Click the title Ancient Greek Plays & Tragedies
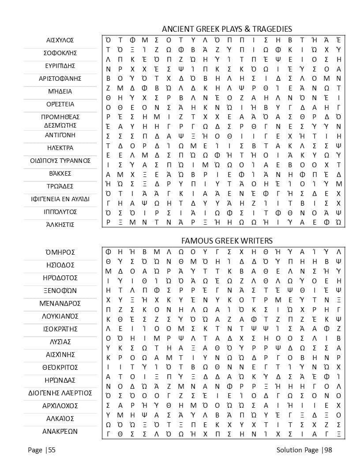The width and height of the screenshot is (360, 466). tap(227, 29)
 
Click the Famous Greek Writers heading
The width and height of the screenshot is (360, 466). tap(227, 241)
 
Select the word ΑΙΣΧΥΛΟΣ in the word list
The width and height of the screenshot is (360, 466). tap(60, 40)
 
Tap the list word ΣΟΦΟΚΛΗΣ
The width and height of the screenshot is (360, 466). tap(60, 53)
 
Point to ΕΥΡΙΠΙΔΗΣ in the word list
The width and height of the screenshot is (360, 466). tap(60, 66)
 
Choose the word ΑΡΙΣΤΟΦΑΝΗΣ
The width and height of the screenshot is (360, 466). tap(60, 79)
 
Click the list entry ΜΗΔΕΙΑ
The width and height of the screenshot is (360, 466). tap(60, 91)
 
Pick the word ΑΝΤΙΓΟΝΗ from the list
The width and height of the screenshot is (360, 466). tap(60, 135)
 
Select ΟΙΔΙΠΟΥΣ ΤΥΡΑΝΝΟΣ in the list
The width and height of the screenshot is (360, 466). tap(60, 160)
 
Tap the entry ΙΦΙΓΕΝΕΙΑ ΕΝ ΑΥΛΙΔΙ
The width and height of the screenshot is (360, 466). tap(60, 199)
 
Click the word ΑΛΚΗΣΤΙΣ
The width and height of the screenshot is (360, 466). tap(60, 225)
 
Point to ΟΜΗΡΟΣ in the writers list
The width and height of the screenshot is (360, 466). tap(60, 252)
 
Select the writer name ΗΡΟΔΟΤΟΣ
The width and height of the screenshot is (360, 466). tap(60, 278)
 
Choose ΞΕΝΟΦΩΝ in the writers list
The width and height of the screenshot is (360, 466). tap(60, 291)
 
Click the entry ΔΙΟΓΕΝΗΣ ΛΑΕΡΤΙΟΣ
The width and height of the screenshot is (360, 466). tap(60, 393)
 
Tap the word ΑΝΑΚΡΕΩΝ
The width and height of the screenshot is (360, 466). tap(60, 431)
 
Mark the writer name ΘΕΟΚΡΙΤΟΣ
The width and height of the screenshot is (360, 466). tap(60, 367)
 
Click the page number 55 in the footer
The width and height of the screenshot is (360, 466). tap(52, 450)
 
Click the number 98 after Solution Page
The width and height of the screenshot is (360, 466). tap(327, 450)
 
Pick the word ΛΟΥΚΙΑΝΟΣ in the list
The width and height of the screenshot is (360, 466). tap(60, 316)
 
